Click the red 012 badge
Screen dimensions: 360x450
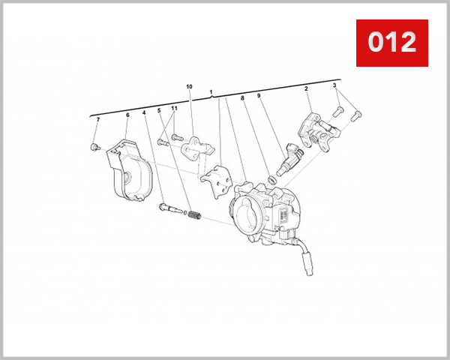tap(391, 43)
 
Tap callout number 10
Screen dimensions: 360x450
tap(189, 87)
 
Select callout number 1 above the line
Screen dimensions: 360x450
tap(211, 93)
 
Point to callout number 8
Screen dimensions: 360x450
tap(242, 97)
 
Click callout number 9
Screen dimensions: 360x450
tap(259, 96)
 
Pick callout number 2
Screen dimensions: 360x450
tap(306, 88)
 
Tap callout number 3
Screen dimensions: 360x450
tap(334, 85)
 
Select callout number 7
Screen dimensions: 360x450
tap(97, 120)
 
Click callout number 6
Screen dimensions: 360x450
tap(127, 115)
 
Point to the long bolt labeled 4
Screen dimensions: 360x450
tap(169, 206)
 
